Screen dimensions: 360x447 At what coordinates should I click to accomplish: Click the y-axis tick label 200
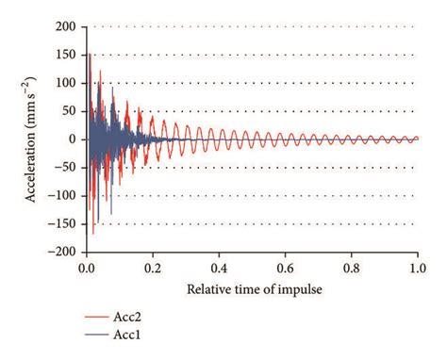(x=67, y=25)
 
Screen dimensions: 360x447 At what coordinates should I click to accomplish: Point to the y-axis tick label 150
(x=67, y=54)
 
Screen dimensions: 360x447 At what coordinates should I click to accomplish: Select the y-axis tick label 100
(x=67, y=82)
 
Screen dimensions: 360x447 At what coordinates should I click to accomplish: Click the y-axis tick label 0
(x=73, y=139)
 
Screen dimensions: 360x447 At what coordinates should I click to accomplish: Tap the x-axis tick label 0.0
(x=86, y=269)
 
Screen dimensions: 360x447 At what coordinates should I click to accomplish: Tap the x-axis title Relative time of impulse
(x=252, y=289)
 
